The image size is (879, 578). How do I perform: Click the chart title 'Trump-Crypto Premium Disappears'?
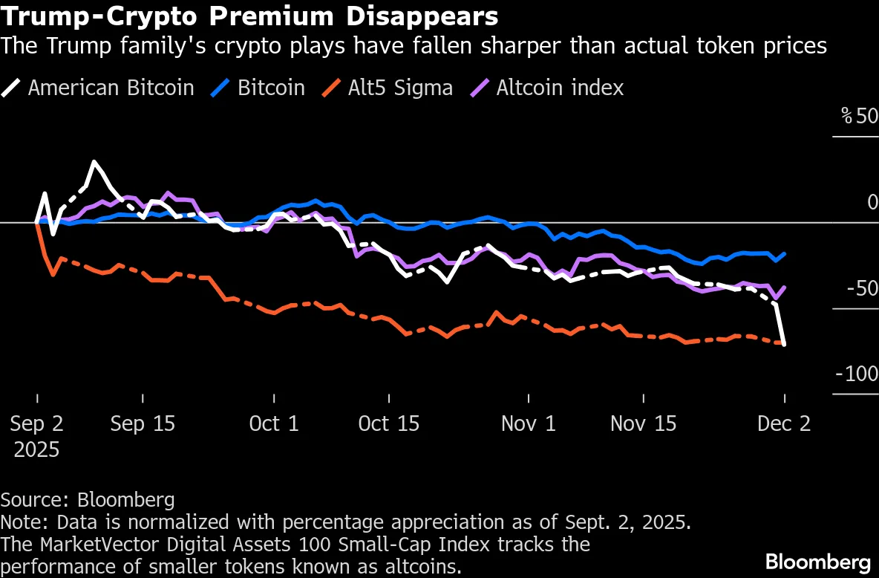point(249,16)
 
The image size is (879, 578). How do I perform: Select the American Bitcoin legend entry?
point(111,88)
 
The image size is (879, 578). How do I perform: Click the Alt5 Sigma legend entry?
point(400,88)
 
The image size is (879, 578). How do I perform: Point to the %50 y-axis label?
point(859,117)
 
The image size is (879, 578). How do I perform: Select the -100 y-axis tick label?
point(857,374)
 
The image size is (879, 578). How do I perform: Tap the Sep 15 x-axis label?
point(143,424)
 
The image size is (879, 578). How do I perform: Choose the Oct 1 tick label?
point(273,424)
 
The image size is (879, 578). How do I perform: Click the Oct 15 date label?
point(388,424)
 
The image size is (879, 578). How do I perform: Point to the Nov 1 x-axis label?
point(528,424)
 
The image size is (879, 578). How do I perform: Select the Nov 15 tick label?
point(643,424)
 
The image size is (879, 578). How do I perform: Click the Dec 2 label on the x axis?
point(784,424)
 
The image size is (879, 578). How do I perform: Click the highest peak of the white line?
point(94,161)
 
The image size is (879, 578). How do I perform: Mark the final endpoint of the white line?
point(785,344)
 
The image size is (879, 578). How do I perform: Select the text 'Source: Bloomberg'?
point(88,499)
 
